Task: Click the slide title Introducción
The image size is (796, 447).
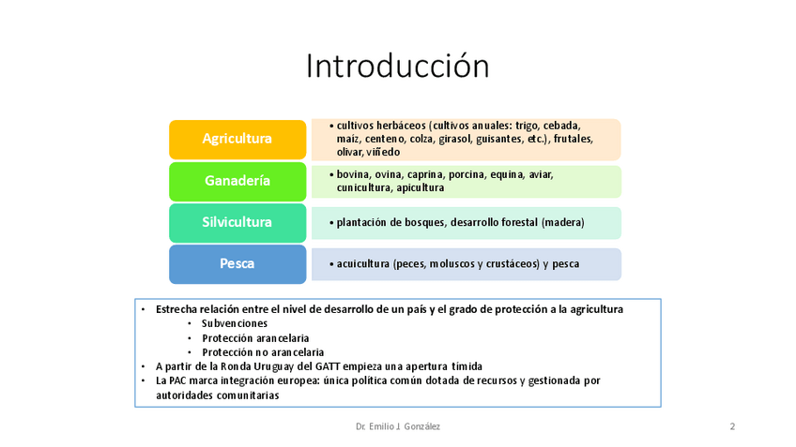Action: (397, 66)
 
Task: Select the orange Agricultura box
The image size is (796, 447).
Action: (237, 140)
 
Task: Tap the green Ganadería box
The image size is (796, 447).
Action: (237, 182)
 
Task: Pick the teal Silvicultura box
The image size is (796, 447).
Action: (237, 223)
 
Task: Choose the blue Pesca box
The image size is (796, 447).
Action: (237, 264)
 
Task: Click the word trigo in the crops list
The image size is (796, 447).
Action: (527, 126)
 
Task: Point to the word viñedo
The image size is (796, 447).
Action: (383, 152)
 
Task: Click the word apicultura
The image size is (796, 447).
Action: (421, 188)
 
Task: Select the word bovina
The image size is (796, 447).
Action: (353, 174)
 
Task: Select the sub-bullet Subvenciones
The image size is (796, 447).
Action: (235, 323)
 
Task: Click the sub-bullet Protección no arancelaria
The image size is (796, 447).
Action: (263, 352)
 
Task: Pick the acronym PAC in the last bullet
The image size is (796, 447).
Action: (177, 380)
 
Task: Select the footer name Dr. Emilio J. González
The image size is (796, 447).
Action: (398, 426)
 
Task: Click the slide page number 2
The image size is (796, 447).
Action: (732, 426)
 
